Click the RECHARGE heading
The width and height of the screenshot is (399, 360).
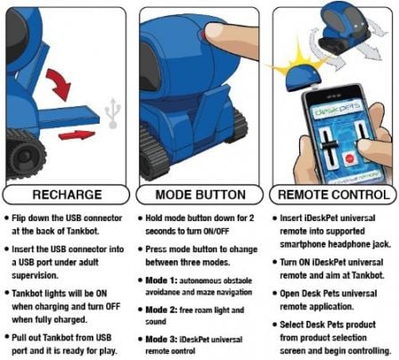65,195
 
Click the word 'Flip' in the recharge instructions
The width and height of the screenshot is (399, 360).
28,217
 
